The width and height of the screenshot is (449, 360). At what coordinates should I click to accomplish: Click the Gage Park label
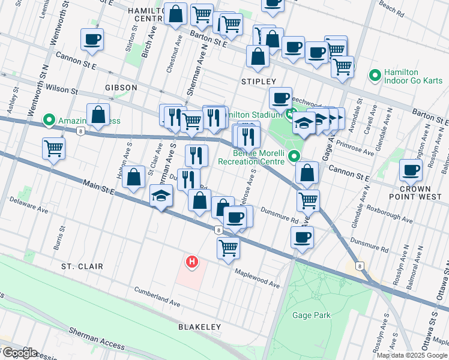pyautogui.click(x=311, y=315)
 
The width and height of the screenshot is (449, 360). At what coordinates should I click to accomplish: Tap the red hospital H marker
pyautogui.click(x=192, y=262)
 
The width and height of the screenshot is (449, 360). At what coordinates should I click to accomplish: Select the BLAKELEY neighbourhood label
pyautogui.click(x=199, y=327)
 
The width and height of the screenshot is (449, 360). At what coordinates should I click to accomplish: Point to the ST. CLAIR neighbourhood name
pyautogui.click(x=82, y=266)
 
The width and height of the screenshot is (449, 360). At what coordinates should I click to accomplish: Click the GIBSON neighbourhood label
pyautogui.click(x=121, y=88)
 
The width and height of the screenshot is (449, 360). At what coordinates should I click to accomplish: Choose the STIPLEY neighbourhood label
pyautogui.click(x=258, y=81)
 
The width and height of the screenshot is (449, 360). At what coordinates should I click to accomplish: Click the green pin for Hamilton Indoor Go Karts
pyautogui.click(x=375, y=75)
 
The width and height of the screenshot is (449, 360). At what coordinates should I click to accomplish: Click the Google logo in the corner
pyautogui.click(x=20, y=353)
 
